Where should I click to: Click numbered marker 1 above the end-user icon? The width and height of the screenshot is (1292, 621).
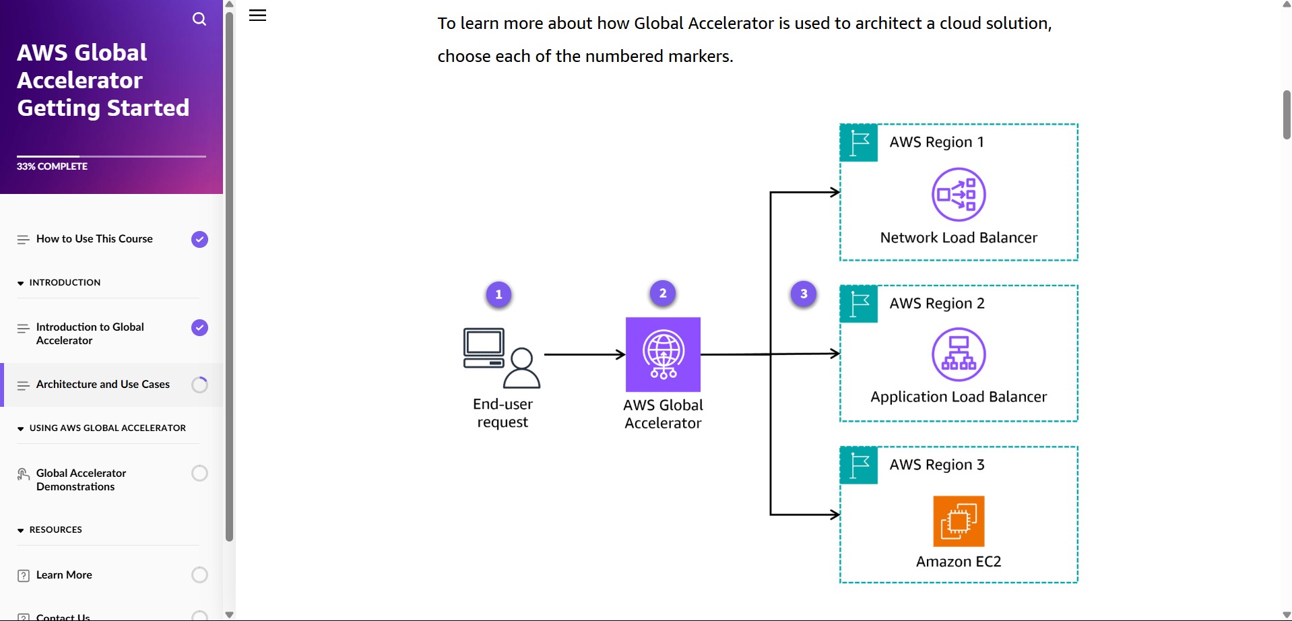pyautogui.click(x=498, y=294)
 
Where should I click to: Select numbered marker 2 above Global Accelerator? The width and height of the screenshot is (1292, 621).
pyautogui.click(x=663, y=293)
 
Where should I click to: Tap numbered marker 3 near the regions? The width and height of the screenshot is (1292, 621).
pyautogui.click(x=804, y=294)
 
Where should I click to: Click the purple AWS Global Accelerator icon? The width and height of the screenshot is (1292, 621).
pyautogui.click(x=663, y=354)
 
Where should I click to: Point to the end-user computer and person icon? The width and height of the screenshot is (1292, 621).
pyautogui.click(x=502, y=358)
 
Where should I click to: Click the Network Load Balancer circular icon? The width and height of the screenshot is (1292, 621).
pyautogui.click(x=959, y=195)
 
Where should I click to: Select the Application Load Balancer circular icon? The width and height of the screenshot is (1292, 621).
pyautogui.click(x=959, y=354)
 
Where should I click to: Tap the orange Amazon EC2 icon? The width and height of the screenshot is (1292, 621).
pyautogui.click(x=959, y=521)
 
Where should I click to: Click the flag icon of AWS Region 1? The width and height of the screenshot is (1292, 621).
pyautogui.click(x=859, y=143)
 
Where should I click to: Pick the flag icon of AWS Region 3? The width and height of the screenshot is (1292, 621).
pyautogui.click(x=859, y=465)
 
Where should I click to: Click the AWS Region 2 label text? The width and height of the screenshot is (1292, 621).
pyautogui.click(x=937, y=304)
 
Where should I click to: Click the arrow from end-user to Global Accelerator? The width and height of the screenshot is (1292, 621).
pyautogui.click(x=585, y=354)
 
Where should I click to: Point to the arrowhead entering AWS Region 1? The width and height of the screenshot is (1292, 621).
pyautogui.click(x=835, y=192)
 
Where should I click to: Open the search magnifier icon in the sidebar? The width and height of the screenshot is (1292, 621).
pyautogui.click(x=199, y=19)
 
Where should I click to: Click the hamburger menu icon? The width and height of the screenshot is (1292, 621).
pyautogui.click(x=258, y=15)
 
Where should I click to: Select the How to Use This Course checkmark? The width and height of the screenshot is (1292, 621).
pyautogui.click(x=199, y=239)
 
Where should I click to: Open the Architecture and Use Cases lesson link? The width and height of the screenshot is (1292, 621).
pyautogui.click(x=103, y=385)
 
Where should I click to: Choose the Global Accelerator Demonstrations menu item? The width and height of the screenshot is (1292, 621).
pyautogui.click(x=82, y=480)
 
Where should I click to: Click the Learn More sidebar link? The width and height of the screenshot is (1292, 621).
pyautogui.click(x=64, y=575)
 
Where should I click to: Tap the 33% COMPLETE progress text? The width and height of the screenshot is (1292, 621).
pyautogui.click(x=52, y=166)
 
